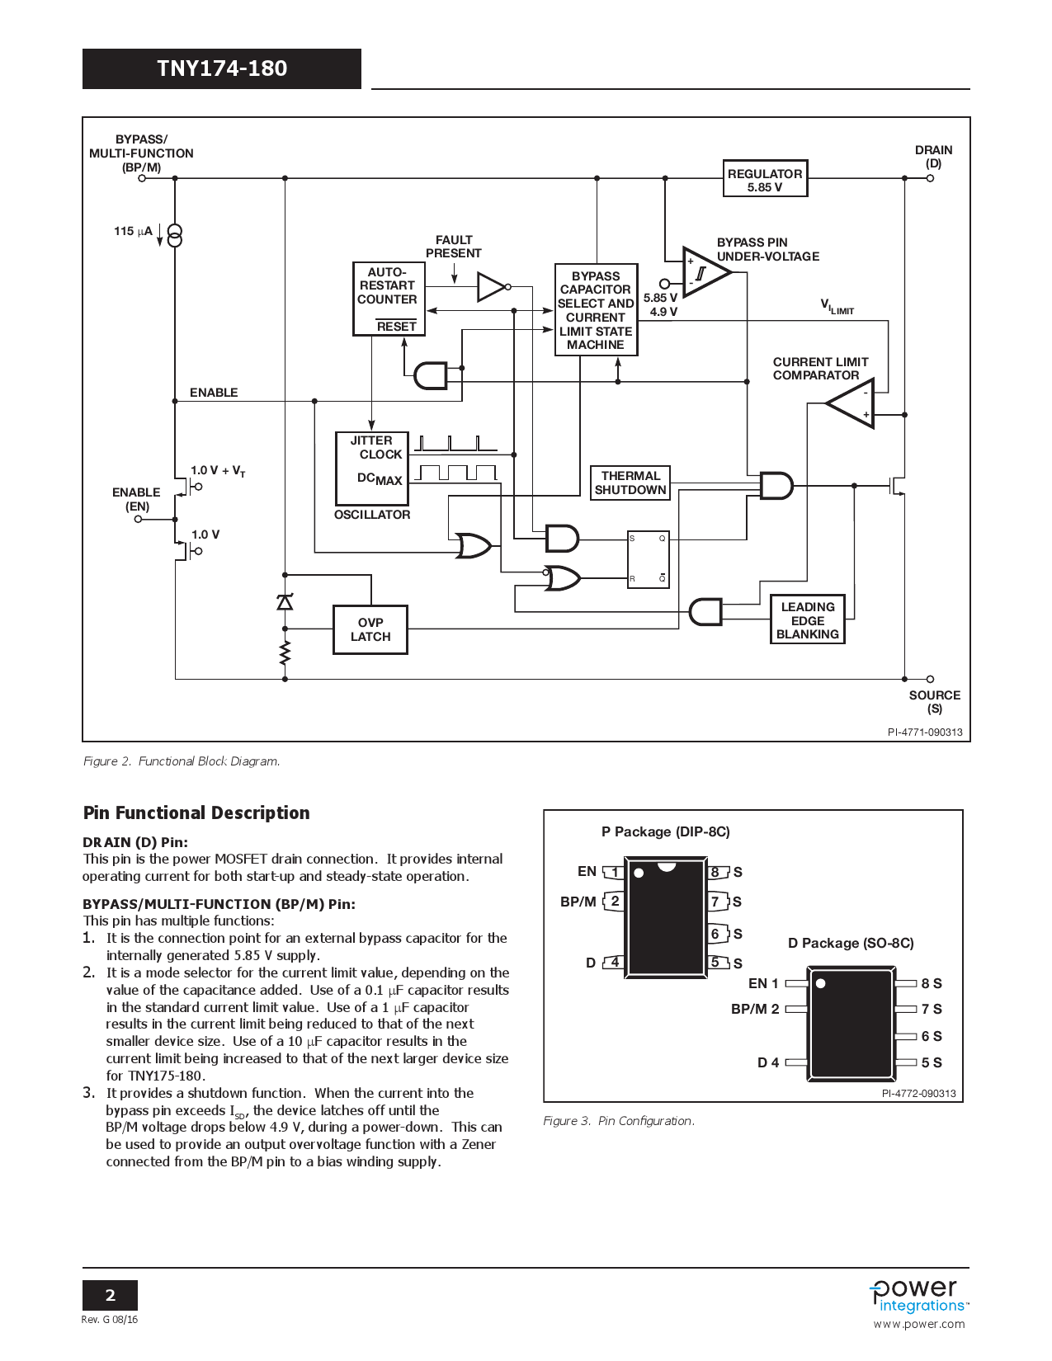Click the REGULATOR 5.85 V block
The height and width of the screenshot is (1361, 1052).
point(765,179)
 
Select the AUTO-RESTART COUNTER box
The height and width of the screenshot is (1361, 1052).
point(389,299)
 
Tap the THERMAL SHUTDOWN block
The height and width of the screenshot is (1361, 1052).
point(630,483)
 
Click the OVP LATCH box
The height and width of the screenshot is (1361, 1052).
point(370,629)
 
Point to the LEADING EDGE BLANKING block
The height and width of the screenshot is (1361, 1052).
point(807,619)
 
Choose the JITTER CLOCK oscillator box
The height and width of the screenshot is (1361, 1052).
point(372,468)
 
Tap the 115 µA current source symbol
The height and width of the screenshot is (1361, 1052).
point(175,235)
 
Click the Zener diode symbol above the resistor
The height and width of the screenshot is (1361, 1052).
point(285,602)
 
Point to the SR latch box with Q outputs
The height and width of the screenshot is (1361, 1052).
point(648,559)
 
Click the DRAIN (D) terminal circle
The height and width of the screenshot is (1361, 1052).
point(930,178)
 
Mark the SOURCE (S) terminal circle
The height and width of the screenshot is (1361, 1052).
point(930,679)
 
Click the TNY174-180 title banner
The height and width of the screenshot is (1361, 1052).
point(222,68)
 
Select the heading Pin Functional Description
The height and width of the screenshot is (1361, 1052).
point(196,812)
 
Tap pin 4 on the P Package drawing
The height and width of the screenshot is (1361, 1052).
point(614,962)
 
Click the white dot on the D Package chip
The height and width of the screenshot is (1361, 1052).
point(820,983)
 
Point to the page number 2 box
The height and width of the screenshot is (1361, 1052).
point(110,1295)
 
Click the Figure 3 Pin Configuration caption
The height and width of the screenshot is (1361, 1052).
point(619,1121)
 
